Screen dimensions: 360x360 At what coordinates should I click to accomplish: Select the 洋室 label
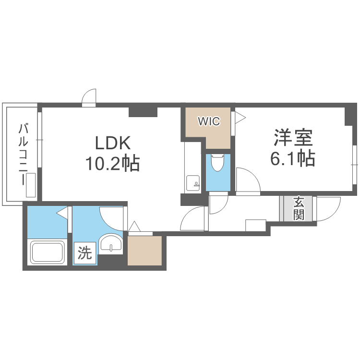point(293,138)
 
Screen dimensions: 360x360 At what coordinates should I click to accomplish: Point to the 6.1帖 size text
point(293,158)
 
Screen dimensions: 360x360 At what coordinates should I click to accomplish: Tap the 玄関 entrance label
point(299,208)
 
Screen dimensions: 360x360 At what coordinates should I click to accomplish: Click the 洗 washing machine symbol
point(85,253)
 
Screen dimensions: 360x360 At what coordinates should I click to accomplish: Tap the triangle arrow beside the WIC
point(239,117)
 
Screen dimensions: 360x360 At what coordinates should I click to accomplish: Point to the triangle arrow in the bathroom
point(62,212)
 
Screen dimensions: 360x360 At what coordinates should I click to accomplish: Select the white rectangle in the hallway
point(255,226)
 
